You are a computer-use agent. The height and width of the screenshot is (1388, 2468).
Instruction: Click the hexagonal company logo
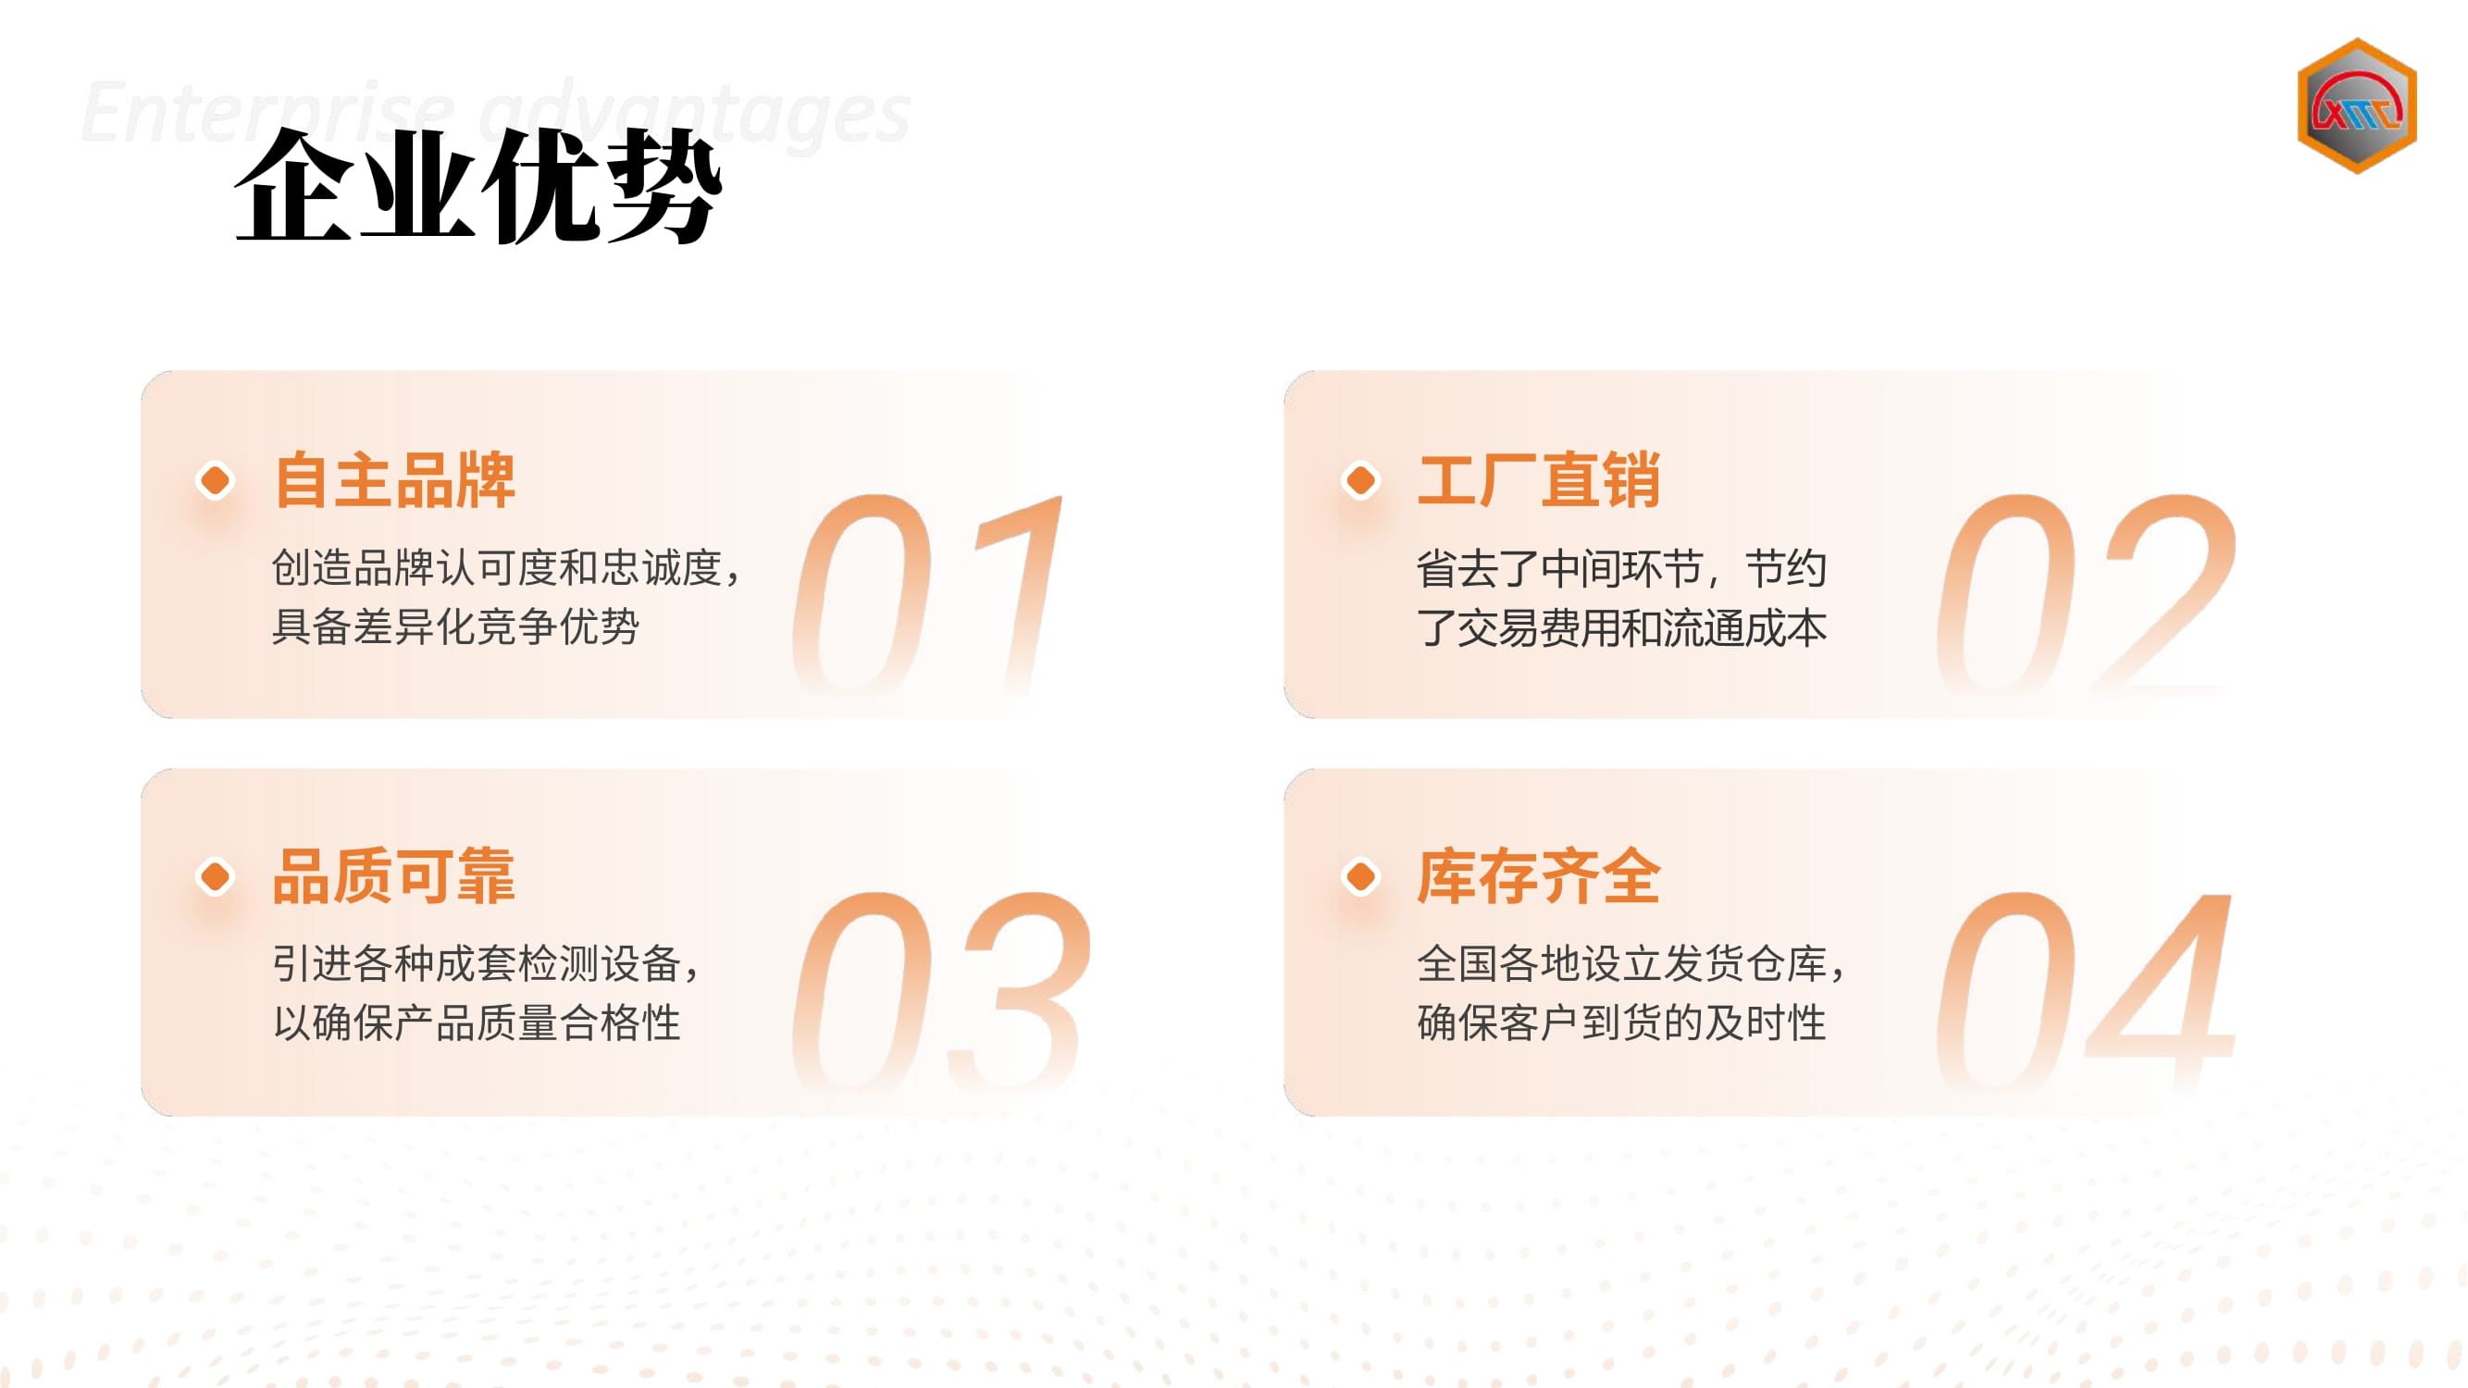[x=2356, y=105]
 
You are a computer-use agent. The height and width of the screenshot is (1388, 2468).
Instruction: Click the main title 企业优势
[x=478, y=186]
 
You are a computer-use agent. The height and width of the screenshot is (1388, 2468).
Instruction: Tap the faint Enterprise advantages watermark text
[x=495, y=113]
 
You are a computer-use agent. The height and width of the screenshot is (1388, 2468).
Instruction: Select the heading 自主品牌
[x=394, y=480]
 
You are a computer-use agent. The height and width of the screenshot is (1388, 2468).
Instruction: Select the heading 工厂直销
[x=1539, y=480]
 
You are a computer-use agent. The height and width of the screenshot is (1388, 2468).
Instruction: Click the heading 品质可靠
[x=394, y=875]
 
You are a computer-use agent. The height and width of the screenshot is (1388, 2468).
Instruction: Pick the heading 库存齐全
[x=1539, y=875]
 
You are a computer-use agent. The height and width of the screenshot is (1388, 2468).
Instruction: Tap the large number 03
[x=941, y=990]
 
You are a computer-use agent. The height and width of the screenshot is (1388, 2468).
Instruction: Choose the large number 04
[x=2086, y=990]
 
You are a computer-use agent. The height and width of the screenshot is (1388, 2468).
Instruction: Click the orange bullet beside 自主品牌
[x=215, y=480]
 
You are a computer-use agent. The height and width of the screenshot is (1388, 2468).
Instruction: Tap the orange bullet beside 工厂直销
[x=1360, y=480]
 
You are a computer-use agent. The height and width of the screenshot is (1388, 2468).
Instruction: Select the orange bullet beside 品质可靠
[x=215, y=875]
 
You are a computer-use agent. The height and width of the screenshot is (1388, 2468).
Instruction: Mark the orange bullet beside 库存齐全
[x=1360, y=875]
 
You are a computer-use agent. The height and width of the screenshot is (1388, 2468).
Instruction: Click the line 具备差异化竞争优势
[x=455, y=626]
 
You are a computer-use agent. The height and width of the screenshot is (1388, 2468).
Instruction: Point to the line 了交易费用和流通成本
[x=1621, y=626]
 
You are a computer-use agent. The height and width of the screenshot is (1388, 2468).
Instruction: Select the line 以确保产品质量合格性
[x=477, y=1022]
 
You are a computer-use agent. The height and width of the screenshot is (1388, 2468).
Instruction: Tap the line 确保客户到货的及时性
[x=1621, y=1022]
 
